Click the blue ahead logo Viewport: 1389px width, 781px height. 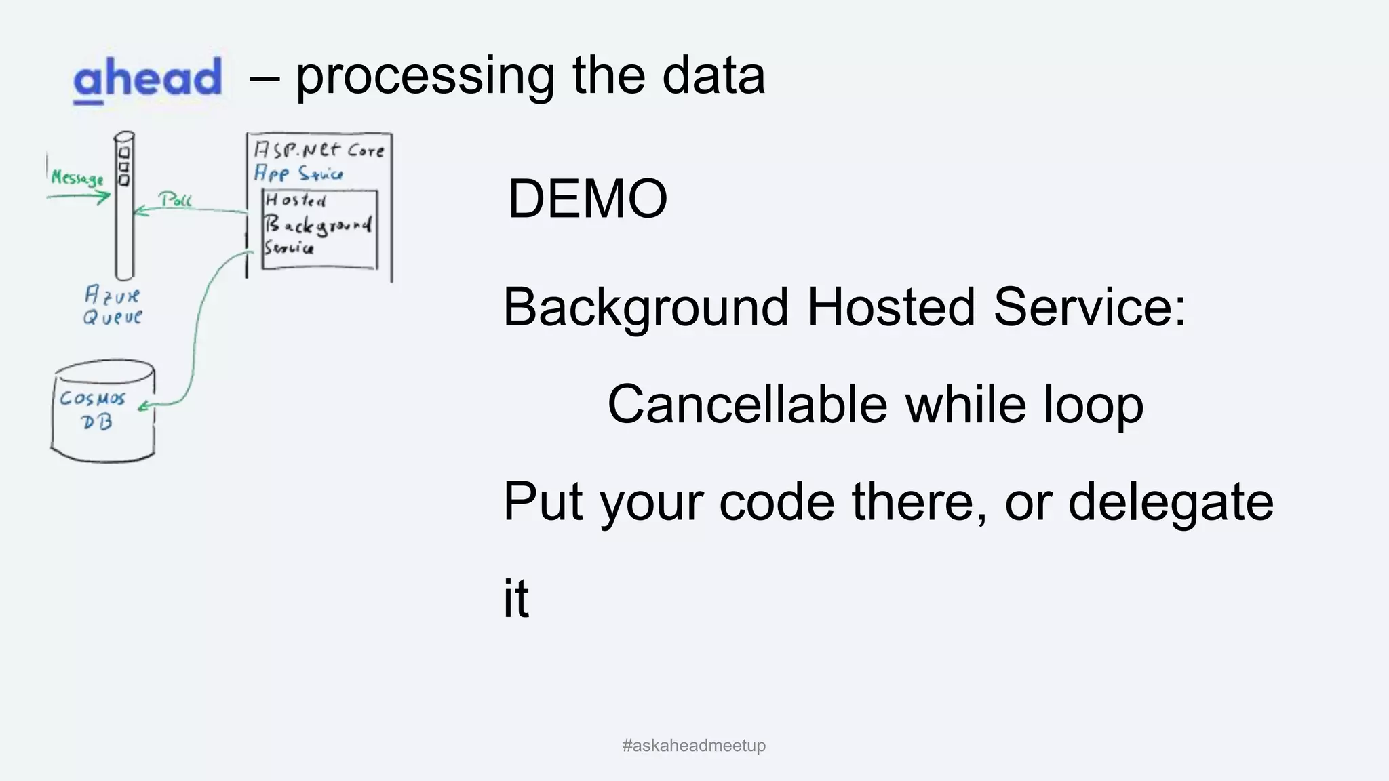147,79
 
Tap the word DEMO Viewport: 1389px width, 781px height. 587,199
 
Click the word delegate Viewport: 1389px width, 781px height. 1171,502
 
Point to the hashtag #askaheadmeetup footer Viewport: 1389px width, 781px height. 694,746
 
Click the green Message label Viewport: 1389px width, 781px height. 77,178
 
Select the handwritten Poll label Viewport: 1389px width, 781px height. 176,199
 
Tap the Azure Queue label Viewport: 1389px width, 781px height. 113,306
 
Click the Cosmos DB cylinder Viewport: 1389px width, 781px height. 102,412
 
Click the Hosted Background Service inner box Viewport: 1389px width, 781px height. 319,229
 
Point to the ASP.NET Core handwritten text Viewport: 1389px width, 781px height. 319,150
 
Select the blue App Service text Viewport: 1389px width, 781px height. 298,174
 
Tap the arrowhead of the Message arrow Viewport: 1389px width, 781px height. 106,197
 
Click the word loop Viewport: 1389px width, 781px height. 1093,405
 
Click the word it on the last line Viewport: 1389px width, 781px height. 515,598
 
